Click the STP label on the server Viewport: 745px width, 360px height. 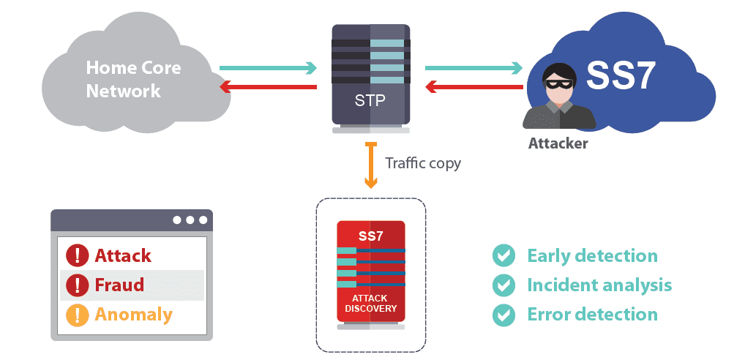coord(370,100)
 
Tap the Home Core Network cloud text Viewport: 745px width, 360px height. coord(133,80)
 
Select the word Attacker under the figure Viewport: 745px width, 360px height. coord(558,143)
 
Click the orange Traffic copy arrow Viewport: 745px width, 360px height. coord(371,165)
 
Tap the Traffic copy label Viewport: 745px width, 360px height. coord(423,162)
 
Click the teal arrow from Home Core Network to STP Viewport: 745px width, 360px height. coord(268,69)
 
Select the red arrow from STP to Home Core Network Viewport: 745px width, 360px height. coord(268,88)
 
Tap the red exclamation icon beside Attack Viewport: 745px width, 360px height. coord(77,255)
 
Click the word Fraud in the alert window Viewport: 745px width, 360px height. coord(119,285)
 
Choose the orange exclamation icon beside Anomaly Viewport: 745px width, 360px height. coord(77,315)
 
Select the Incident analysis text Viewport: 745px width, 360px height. coord(599,285)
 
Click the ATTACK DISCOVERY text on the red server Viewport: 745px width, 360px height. coord(370,304)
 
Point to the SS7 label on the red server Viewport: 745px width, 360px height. coord(370,236)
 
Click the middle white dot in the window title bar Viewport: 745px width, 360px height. coord(190,220)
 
